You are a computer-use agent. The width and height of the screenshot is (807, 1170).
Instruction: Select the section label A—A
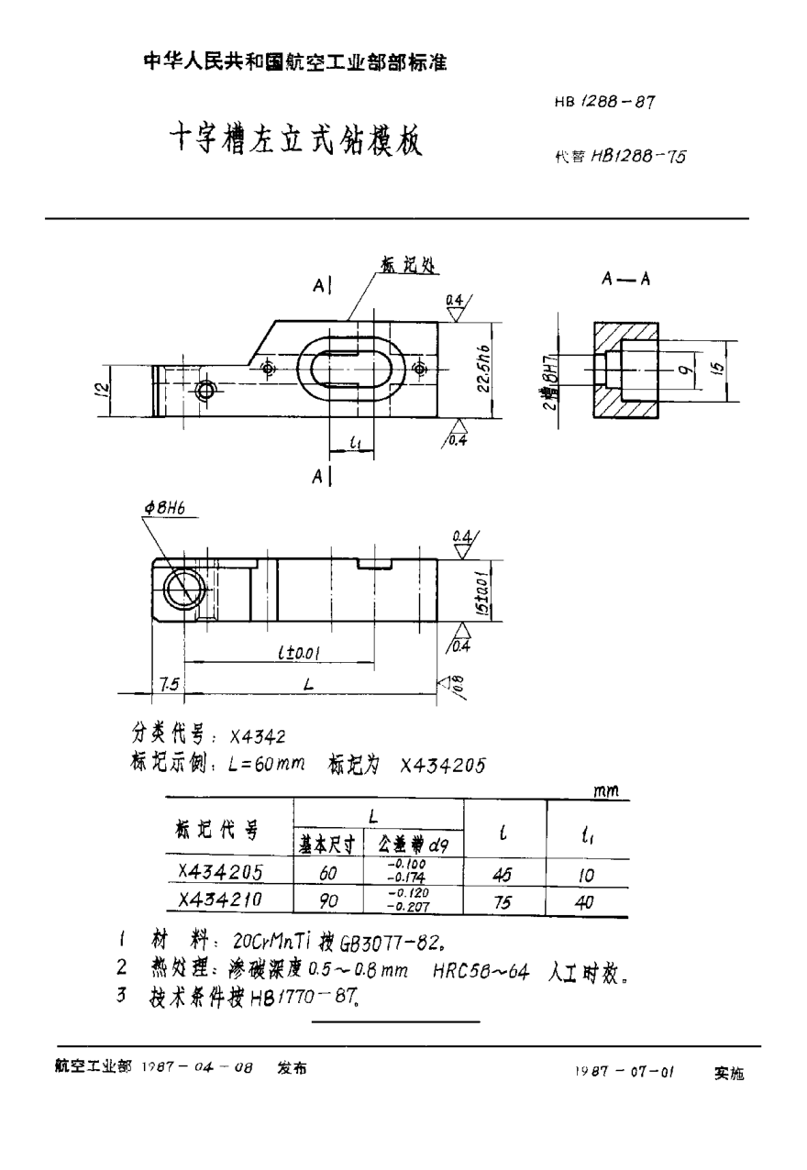pyautogui.click(x=625, y=281)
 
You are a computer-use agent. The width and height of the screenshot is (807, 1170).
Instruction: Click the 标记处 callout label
pyautogui.click(x=406, y=264)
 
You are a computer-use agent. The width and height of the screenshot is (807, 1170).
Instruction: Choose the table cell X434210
pyautogui.click(x=220, y=900)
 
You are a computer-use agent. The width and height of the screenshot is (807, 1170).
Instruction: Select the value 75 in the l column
pyautogui.click(x=503, y=902)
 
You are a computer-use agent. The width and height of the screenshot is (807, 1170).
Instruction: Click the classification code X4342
pyautogui.click(x=258, y=735)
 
